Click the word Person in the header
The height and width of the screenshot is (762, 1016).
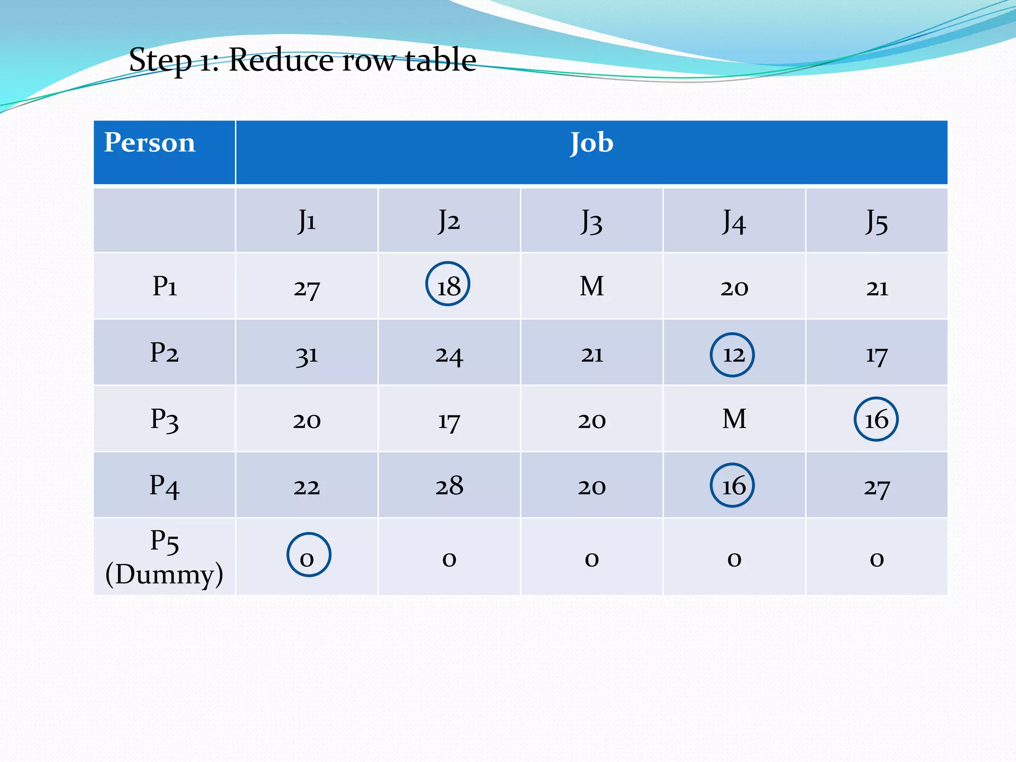pyautogui.click(x=149, y=143)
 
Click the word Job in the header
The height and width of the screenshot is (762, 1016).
pyautogui.click(x=591, y=143)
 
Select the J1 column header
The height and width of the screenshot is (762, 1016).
pyautogui.click(x=307, y=221)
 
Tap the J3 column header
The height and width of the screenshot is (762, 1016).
pyautogui.click(x=591, y=221)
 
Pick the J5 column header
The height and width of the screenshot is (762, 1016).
pyautogui.click(x=876, y=221)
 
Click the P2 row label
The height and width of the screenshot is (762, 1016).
pyautogui.click(x=164, y=353)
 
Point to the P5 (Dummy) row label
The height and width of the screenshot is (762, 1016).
pyautogui.click(x=164, y=557)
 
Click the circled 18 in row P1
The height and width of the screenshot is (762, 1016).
pyautogui.click(x=448, y=284)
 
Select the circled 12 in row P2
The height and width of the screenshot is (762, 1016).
pyautogui.click(x=732, y=355)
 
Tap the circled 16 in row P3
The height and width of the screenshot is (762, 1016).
pyautogui.click(x=876, y=420)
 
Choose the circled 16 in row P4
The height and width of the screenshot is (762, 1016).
pyautogui.click(x=732, y=485)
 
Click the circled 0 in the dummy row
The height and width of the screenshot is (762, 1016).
pyautogui.click(x=308, y=555)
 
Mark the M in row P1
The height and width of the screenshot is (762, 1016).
pyautogui.click(x=591, y=286)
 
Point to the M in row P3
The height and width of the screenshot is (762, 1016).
pyautogui.click(x=734, y=419)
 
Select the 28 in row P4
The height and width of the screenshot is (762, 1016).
pyautogui.click(x=449, y=486)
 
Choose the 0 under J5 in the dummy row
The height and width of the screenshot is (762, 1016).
pyautogui.click(x=876, y=559)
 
